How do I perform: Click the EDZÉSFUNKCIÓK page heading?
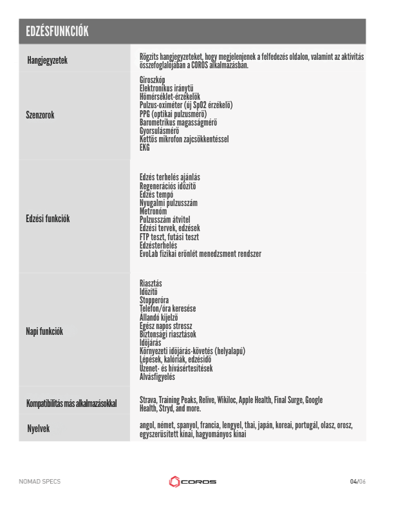[x=57, y=32]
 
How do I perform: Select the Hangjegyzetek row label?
[x=47, y=61]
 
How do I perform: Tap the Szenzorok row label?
[x=40, y=116]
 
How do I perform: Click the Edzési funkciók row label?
[x=48, y=219]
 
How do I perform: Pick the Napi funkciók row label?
[x=44, y=332]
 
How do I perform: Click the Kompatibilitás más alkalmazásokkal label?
[x=71, y=404]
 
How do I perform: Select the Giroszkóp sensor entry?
[x=153, y=80]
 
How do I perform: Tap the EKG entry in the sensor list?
[x=144, y=147]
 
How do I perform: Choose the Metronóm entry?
[x=153, y=211]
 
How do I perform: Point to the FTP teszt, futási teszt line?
[x=173, y=237]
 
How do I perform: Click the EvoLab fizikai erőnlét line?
[x=200, y=254]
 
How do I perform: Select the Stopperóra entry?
[x=155, y=300]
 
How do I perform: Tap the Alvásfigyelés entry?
[x=157, y=377]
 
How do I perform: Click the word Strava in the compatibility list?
[x=149, y=400]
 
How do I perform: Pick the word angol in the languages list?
[x=149, y=426]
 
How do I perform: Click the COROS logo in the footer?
[x=192, y=482]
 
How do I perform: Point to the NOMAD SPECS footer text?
[x=39, y=482]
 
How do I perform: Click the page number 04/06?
[x=357, y=482]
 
